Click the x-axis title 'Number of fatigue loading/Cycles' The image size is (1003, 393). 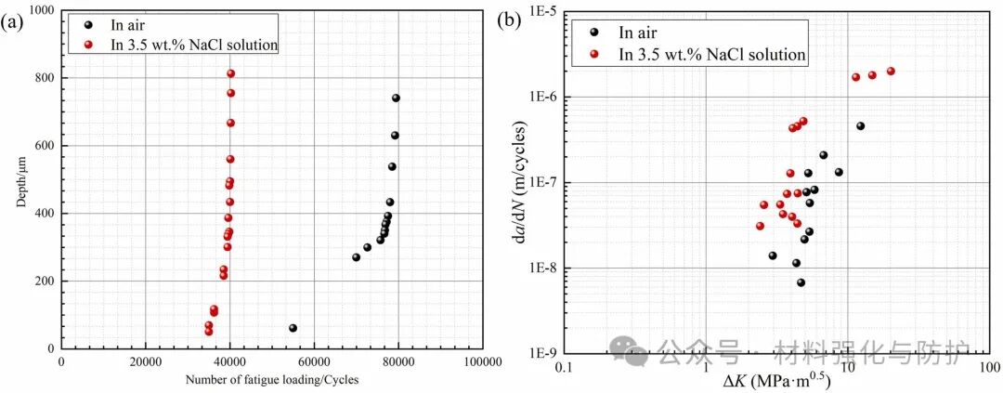tap(271, 379)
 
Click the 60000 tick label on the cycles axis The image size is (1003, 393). tap(313, 362)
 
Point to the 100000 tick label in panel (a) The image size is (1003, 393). tap(481, 362)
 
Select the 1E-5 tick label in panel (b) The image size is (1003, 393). tap(541, 11)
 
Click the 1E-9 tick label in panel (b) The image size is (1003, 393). tap(541, 354)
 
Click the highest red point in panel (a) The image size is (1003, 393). tap(230, 73)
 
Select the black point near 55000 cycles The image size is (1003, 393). tap(293, 328)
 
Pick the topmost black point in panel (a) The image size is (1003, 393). tap(396, 98)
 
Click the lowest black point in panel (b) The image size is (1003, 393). tap(801, 282)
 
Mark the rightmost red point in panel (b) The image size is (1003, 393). tap(891, 72)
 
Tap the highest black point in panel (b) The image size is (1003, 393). tap(860, 125)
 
